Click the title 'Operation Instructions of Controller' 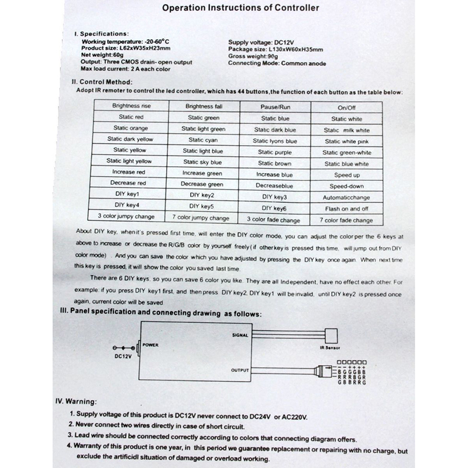pos(240,9)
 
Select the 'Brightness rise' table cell pos(130,106)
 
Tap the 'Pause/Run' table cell pos(275,108)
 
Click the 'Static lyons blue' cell pos(275,141)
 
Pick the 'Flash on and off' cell pos(347,209)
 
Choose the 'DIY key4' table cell pos(130,205)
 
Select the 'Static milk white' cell pos(347,130)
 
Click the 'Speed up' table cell pos(347,175)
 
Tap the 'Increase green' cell pos(202,173)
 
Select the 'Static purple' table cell pos(275,152)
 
